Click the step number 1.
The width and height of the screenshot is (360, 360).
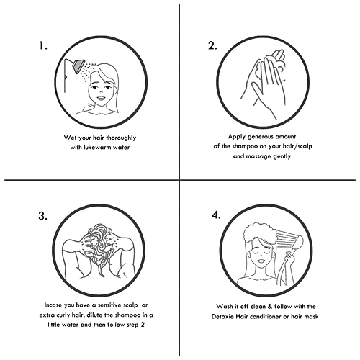pos(43,45)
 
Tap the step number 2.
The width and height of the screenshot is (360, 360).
pos(212,45)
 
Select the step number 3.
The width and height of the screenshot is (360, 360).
pos(42,216)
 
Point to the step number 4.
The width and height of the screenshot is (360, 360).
pos(216,215)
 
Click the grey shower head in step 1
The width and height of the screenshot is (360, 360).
pos(79,66)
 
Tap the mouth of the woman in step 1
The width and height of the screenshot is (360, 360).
pos(101,98)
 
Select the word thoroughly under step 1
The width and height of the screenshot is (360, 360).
pos(121,138)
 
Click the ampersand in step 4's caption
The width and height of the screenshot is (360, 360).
pos(270,307)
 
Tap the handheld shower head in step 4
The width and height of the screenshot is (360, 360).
pos(298,243)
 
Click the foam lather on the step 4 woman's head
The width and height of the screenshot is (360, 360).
pos(260,232)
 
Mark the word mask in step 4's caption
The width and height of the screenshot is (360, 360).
pos(311,317)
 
